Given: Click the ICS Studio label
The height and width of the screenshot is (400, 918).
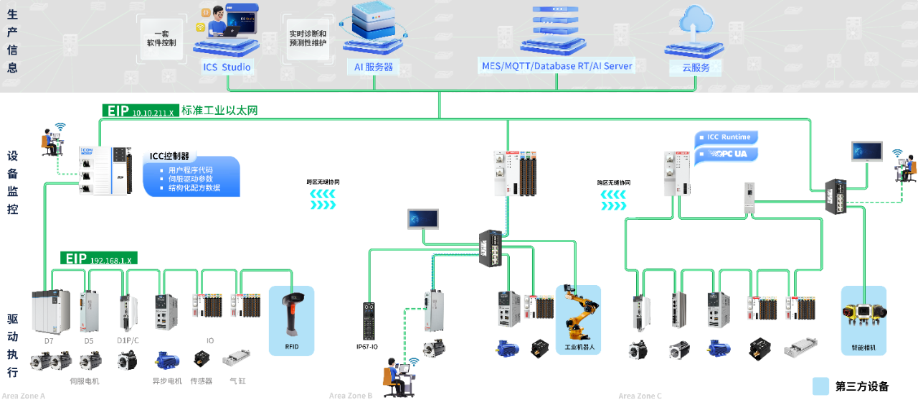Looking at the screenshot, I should [x=227, y=68].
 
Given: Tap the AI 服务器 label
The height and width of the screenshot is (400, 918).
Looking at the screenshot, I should [x=374, y=67].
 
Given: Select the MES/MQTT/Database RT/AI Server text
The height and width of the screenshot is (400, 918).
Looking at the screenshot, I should [x=557, y=66].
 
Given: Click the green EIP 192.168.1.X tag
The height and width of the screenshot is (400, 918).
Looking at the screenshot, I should [x=99, y=259].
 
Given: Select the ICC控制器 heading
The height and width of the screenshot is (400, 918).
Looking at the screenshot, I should [x=169, y=156].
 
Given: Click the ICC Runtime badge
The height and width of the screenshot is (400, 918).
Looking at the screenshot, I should [x=728, y=137].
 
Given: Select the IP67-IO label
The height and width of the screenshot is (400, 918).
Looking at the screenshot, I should [x=367, y=347].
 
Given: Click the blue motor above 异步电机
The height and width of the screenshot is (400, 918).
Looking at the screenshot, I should [x=166, y=360].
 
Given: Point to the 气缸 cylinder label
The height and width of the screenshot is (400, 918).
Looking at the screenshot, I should [x=237, y=381].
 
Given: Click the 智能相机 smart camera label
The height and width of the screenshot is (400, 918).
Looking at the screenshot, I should [x=863, y=348].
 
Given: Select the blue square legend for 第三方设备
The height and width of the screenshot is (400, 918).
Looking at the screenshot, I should [x=820, y=386].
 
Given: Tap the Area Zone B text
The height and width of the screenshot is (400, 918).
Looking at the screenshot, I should [x=351, y=396].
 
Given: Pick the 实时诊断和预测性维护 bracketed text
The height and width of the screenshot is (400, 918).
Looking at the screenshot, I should [x=308, y=38].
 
